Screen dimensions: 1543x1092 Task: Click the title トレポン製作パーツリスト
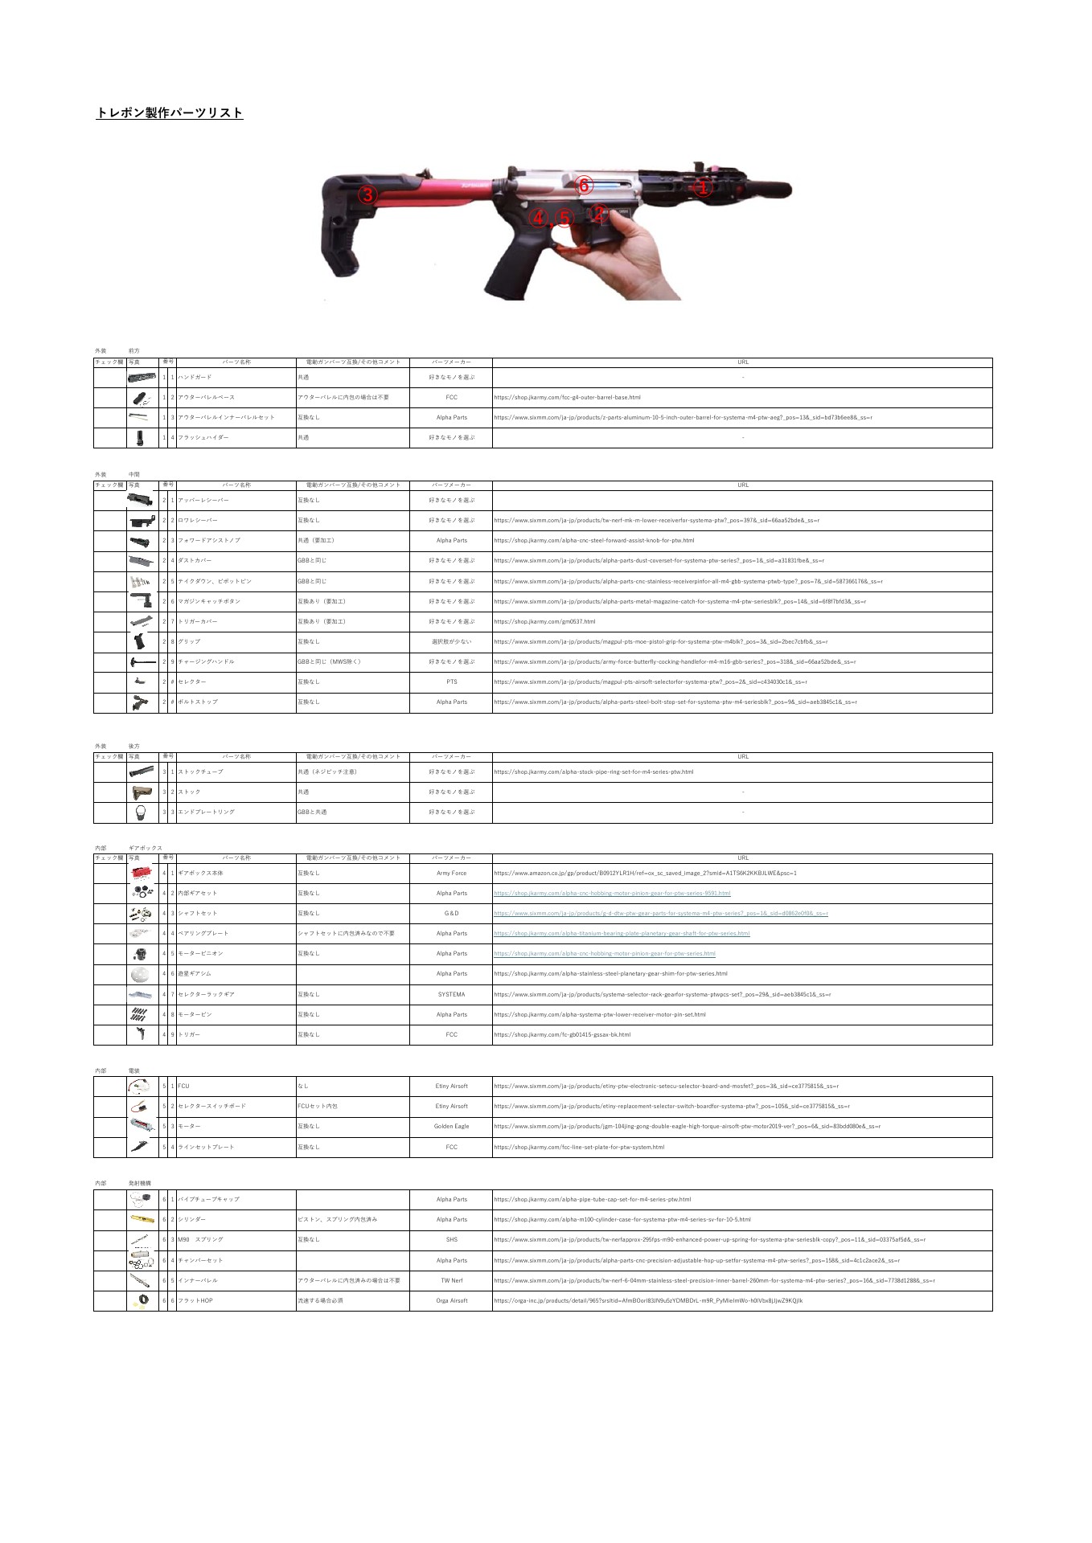(x=170, y=113)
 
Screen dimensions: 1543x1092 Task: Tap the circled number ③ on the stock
(x=367, y=194)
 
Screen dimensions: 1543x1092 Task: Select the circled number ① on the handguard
(x=703, y=189)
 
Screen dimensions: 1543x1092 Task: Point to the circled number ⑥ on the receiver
(x=585, y=186)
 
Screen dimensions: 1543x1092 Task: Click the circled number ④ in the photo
(x=539, y=218)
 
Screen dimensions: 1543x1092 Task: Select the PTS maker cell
(x=451, y=682)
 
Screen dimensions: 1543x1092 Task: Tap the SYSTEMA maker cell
(x=451, y=995)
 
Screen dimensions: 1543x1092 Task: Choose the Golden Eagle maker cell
(x=451, y=1127)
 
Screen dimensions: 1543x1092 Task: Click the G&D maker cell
(x=451, y=914)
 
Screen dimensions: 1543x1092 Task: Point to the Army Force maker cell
(x=451, y=874)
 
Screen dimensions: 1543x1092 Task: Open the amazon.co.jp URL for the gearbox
(x=645, y=874)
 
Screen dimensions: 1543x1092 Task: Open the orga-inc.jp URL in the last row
(x=648, y=1301)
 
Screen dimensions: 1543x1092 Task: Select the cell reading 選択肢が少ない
(x=451, y=642)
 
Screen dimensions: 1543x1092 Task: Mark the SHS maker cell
(x=451, y=1240)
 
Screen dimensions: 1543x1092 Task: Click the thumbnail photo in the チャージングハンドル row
(x=142, y=662)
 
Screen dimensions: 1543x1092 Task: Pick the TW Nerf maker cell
(x=451, y=1281)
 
